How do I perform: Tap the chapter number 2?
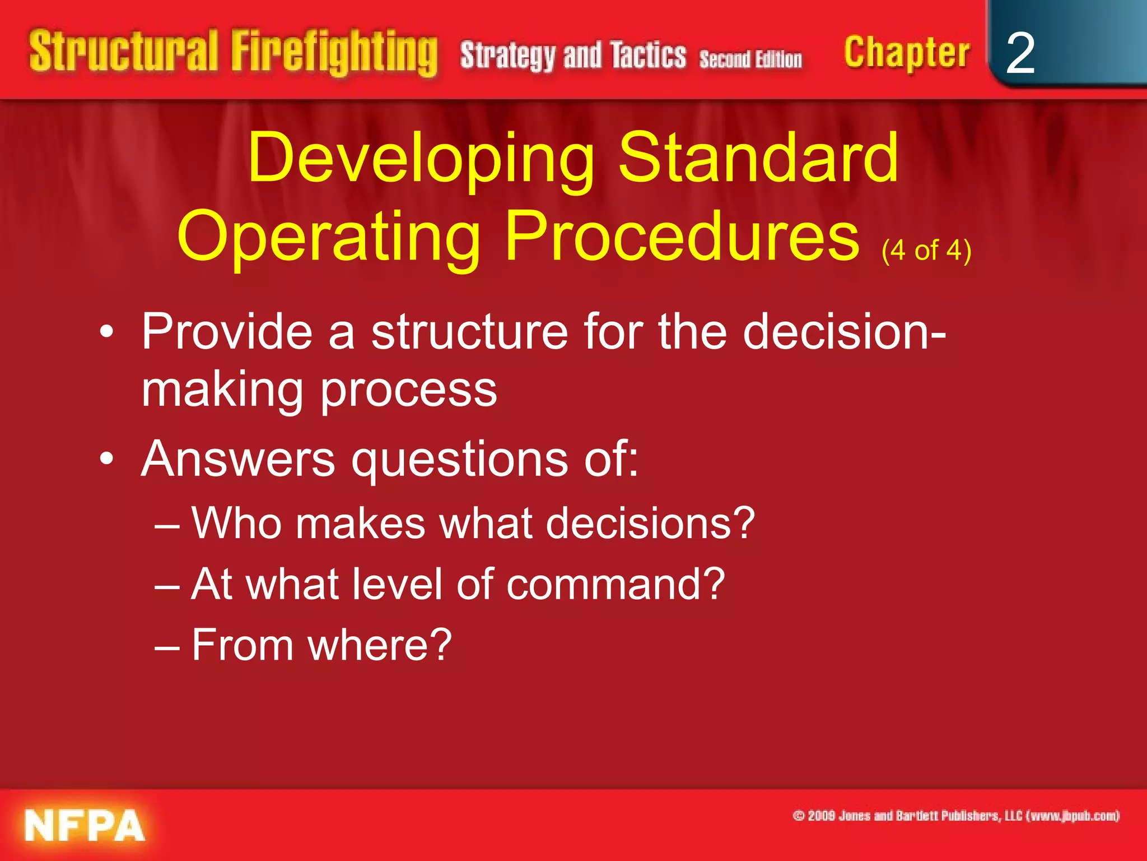click(x=1020, y=54)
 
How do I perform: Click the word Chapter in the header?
click(x=906, y=53)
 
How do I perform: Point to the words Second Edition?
click(x=750, y=59)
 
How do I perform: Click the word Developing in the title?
click(x=421, y=158)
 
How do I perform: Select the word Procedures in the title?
click(x=682, y=236)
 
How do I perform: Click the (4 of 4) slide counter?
click(x=926, y=250)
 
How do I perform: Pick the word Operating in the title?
click(x=329, y=236)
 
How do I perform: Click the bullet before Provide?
click(x=106, y=333)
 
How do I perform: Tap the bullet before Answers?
click(x=106, y=460)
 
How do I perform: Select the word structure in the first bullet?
click(x=470, y=333)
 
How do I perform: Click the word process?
click(x=408, y=390)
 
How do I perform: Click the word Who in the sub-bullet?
click(x=236, y=523)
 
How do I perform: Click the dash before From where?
click(x=167, y=646)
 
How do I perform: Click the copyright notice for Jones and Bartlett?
click(x=955, y=816)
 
